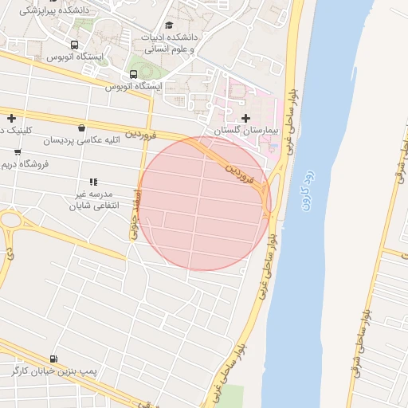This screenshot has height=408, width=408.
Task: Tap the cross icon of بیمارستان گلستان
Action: pos(245,119)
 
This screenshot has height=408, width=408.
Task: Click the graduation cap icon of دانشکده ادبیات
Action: pos(168,26)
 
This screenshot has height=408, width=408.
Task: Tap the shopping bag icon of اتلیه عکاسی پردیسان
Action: pos(82,128)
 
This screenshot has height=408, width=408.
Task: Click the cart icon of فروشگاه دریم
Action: pos(18,152)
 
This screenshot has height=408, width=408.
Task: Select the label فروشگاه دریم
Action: pos(25,164)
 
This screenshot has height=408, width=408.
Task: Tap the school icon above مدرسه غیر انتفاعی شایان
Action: pos(93,182)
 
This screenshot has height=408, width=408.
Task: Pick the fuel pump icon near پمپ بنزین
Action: pos(53,359)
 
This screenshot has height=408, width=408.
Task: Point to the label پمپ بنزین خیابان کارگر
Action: pos(54,372)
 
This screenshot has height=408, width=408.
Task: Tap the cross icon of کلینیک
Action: pos(11,118)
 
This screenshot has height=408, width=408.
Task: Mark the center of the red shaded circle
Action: pos(204,203)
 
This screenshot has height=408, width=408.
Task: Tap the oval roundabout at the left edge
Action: pos(10,219)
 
